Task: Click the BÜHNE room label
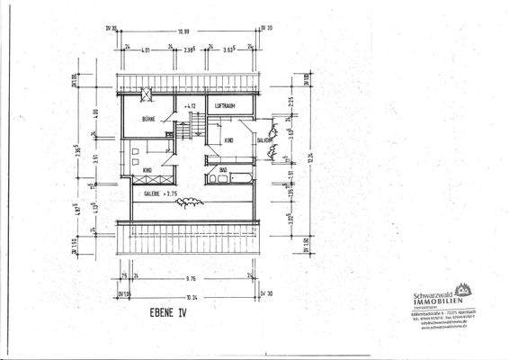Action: click(x=150, y=120)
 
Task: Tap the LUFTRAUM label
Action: click(x=225, y=106)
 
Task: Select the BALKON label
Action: click(x=265, y=141)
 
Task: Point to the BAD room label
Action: click(x=222, y=168)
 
